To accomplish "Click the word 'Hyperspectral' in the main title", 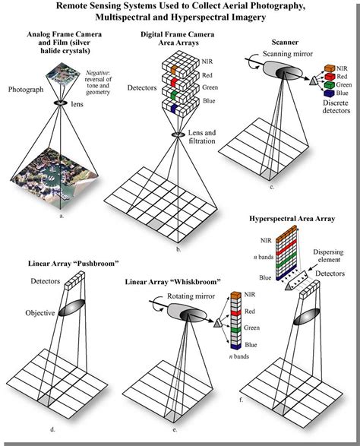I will coord(229,18).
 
